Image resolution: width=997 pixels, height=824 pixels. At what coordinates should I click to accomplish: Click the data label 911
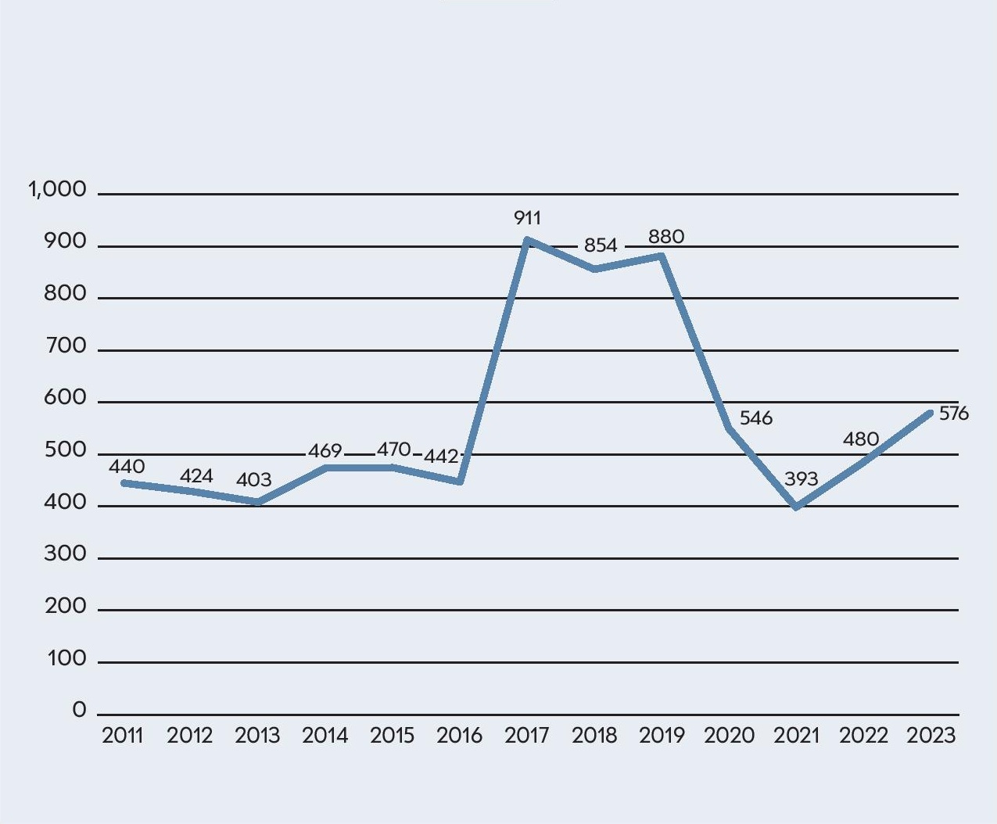527,218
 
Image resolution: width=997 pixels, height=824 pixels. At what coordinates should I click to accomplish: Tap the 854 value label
601,245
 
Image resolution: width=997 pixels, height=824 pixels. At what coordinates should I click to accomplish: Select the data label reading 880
666,237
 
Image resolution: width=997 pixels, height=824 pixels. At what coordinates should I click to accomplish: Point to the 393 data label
801,479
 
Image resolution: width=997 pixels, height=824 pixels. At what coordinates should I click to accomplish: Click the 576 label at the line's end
953,414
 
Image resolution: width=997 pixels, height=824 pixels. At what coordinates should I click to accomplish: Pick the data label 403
253,480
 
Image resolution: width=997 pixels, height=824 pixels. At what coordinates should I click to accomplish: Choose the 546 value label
756,418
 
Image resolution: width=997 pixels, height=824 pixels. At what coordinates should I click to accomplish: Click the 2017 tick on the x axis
527,736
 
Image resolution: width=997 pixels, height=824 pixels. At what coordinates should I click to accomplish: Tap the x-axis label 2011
123,736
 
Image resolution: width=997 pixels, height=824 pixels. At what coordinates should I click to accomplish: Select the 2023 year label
931,736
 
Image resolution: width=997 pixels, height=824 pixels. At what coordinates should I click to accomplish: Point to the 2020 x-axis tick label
729,736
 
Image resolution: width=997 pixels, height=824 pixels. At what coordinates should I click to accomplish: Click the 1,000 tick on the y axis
57,190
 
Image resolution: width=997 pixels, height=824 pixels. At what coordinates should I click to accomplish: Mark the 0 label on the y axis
79,710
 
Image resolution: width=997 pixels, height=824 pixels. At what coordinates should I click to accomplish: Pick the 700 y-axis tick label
66,346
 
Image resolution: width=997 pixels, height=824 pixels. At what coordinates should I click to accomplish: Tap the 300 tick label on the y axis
66,554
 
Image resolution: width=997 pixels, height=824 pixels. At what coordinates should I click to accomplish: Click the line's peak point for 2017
527,240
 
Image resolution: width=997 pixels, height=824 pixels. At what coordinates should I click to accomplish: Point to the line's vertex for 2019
662,256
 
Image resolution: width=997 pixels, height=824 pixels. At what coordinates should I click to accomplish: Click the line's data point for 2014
325,468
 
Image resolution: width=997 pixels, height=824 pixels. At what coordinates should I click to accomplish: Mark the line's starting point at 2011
124,483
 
